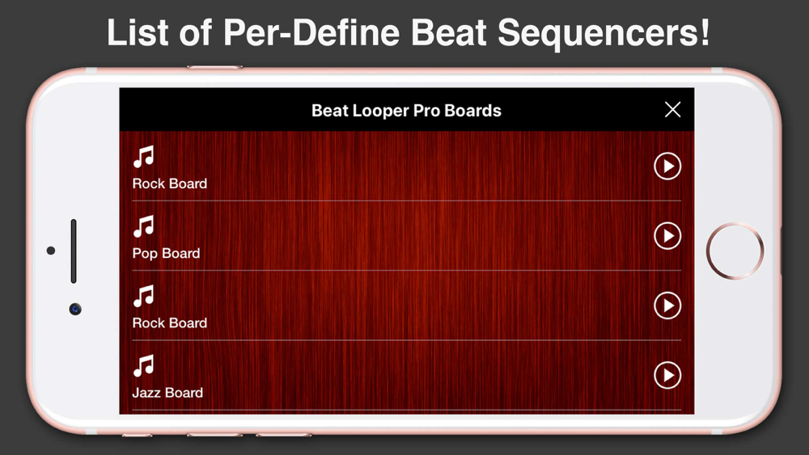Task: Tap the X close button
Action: (x=672, y=109)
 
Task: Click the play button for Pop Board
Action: (x=667, y=236)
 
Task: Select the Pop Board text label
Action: (x=166, y=254)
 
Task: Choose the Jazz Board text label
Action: (x=167, y=393)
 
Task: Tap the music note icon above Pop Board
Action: (x=143, y=226)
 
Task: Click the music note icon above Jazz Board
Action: (x=143, y=365)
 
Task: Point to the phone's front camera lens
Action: (x=75, y=309)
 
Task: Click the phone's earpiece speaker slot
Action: (x=74, y=251)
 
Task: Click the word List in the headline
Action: (x=138, y=32)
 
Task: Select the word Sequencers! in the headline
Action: (x=604, y=34)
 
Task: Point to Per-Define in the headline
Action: (x=311, y=32)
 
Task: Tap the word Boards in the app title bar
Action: (x=472, y=110)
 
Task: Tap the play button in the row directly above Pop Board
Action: (x=667, y=166)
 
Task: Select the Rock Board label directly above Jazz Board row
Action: (x=170, y=323)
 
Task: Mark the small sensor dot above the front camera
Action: (x=50, y=251)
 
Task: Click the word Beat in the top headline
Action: (x=448, y=32)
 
